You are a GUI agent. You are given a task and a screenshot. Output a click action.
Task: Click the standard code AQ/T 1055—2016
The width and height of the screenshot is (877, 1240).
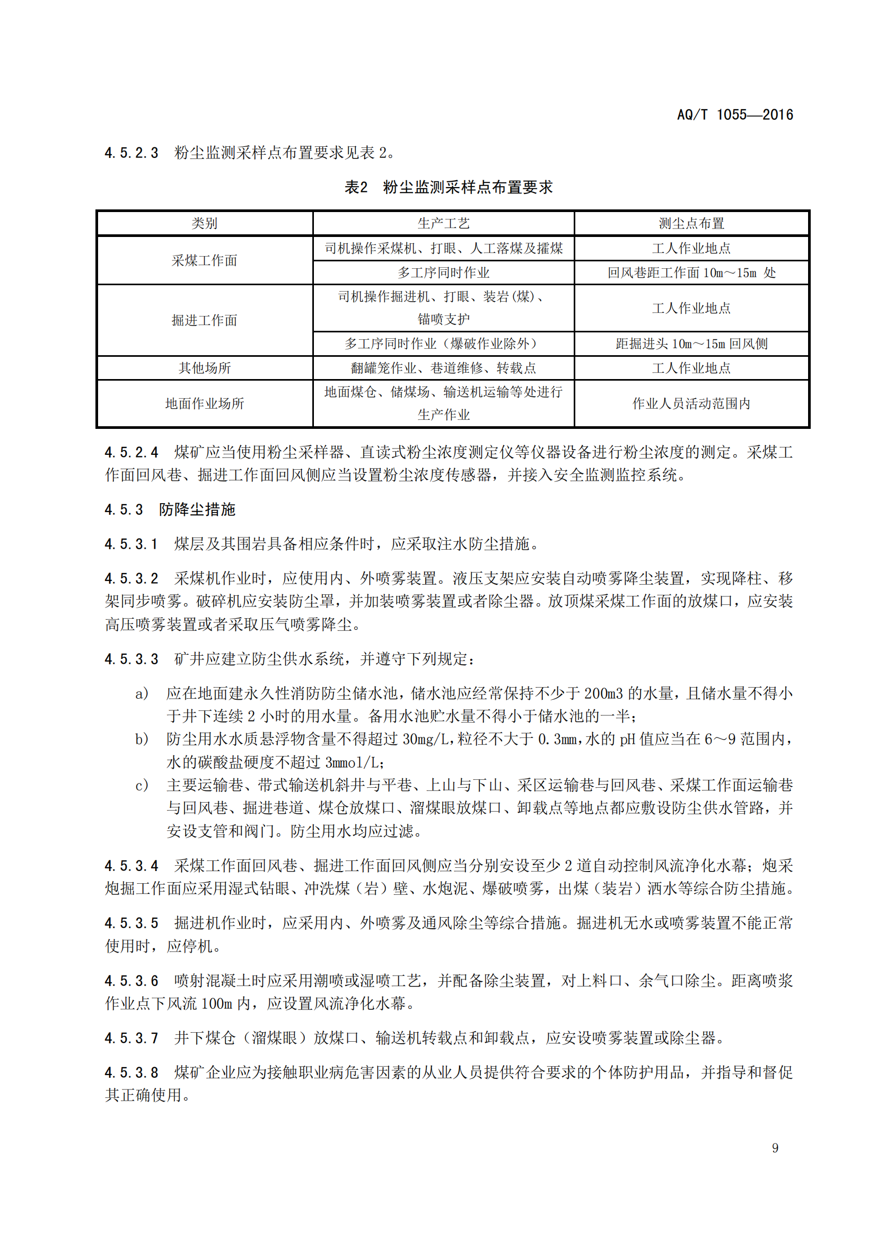734,115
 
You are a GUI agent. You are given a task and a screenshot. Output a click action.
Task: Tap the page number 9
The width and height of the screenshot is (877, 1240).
775,1148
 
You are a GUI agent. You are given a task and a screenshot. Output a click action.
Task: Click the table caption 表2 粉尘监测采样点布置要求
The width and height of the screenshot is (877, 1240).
448,187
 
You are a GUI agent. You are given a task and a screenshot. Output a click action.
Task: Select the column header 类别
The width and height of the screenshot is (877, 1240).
204,223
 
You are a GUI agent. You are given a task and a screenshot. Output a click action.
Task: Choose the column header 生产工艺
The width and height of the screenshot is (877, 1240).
443,223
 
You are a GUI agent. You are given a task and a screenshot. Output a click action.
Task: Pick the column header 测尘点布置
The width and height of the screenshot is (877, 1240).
691,223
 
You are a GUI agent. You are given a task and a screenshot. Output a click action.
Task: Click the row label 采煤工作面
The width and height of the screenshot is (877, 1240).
204,260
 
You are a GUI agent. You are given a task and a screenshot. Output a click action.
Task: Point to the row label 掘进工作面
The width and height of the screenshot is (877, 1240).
204,320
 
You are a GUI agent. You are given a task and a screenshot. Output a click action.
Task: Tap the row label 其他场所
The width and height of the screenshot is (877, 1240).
204,368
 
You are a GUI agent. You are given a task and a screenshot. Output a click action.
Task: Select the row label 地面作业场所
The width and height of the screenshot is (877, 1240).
204,403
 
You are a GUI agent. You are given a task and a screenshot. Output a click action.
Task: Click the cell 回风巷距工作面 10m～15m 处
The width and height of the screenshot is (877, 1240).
691,272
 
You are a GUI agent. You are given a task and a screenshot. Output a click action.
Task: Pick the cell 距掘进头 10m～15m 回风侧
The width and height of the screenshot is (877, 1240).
691,344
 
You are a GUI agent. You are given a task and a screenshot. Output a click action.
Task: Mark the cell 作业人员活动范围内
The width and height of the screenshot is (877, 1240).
691,403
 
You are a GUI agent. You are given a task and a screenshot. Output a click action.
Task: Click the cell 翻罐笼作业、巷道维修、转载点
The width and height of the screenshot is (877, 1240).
443,368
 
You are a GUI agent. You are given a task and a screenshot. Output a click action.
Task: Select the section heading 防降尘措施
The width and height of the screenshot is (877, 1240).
197,509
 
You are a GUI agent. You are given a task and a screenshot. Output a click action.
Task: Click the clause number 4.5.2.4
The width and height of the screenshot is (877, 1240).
131,452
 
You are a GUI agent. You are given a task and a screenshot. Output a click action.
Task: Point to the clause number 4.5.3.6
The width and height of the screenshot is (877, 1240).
131,980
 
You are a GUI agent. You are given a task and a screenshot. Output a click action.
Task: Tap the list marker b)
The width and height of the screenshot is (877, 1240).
142,739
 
